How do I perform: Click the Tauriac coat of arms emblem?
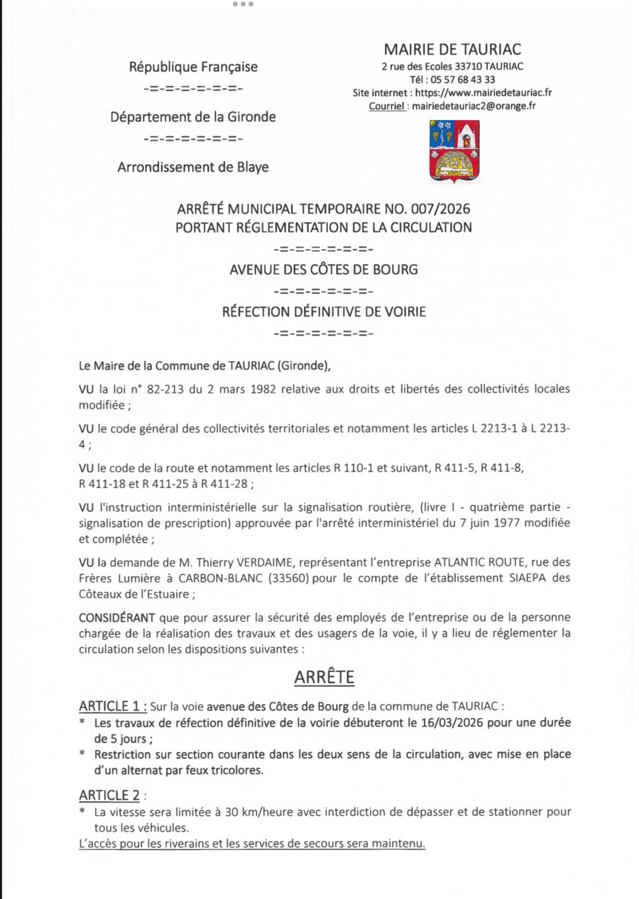(x=454, y=151)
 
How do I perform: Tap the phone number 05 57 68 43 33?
(x=462, y=79)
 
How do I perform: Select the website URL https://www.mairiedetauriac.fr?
(x=484, y=93)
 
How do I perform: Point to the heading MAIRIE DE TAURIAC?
(x=452, y=49)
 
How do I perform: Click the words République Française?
(x=193, y=67)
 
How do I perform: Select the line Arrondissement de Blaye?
(x=193, y=167)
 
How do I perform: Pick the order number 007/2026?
(x=442, y=209)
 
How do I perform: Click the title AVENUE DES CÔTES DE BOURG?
(x=324, y=270)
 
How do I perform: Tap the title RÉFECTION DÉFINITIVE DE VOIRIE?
(x=324, y=311)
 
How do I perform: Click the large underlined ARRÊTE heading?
(x=324, y=677)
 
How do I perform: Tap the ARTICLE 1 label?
(x=112, y=707)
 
